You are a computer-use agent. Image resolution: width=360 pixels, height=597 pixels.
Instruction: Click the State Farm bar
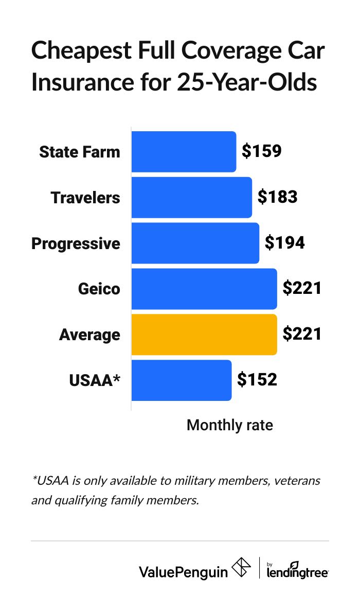[184, 152]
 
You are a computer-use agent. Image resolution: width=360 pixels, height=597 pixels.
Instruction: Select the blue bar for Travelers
[191, 198]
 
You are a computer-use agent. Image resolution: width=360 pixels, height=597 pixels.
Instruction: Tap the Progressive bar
[195, 243]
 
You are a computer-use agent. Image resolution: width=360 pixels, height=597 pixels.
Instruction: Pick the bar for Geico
[204, 289]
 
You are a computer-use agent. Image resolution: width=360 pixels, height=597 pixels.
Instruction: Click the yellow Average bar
[204, 335]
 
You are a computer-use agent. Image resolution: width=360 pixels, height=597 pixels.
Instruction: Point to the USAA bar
[181, 380]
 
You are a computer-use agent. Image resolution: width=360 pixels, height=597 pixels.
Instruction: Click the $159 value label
[262, 152]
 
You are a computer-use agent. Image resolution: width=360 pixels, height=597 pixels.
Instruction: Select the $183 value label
[278, 198]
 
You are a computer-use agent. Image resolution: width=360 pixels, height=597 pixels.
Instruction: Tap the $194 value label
[285, 243]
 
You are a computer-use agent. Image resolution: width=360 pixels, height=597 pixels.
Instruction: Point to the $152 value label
[257, 380]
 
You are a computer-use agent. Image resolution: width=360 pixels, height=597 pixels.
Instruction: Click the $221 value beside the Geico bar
[302, 289]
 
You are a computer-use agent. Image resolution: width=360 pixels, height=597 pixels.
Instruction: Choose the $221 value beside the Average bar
[302, 335]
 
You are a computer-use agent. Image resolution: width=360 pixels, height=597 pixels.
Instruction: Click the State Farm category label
[80, 152]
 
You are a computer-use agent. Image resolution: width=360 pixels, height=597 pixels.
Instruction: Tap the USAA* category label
[95, 381]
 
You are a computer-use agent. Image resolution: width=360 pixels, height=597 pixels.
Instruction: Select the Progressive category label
[76, 243]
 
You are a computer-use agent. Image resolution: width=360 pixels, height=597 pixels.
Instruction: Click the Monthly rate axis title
[229, 426]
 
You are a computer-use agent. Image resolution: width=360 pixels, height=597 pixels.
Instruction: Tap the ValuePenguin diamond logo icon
[241, 568]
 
